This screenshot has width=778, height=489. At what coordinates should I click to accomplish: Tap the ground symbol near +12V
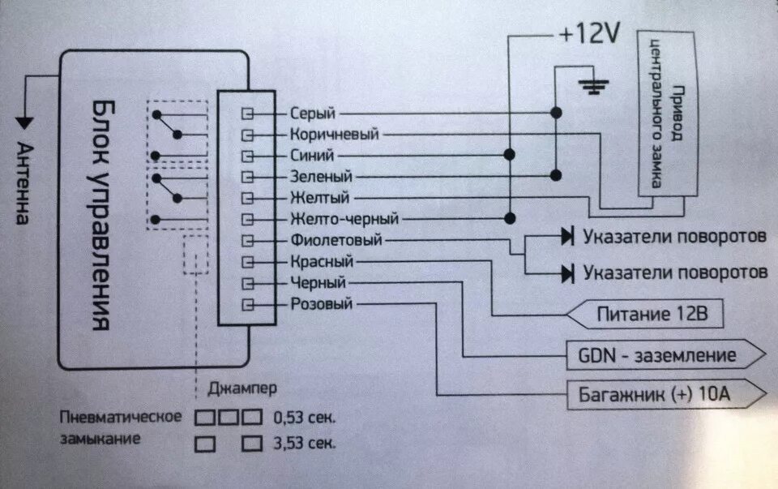click(596, 86)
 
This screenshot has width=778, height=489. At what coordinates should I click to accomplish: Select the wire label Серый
click(312, 114)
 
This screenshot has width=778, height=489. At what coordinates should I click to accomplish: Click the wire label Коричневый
click(334, 135)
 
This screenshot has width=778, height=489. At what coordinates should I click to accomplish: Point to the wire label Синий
click(310, 155)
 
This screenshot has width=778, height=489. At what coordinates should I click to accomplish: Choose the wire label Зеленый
click(320, 176)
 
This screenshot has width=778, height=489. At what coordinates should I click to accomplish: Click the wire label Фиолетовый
click(336, 240)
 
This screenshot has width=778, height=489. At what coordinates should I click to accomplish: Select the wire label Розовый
click(322, 304)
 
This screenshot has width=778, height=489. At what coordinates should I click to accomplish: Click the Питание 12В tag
click(648, 313)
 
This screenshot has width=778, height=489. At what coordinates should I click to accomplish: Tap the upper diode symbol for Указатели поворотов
click(567, 237)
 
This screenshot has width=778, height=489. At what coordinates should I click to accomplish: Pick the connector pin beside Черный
click(249, 283)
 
